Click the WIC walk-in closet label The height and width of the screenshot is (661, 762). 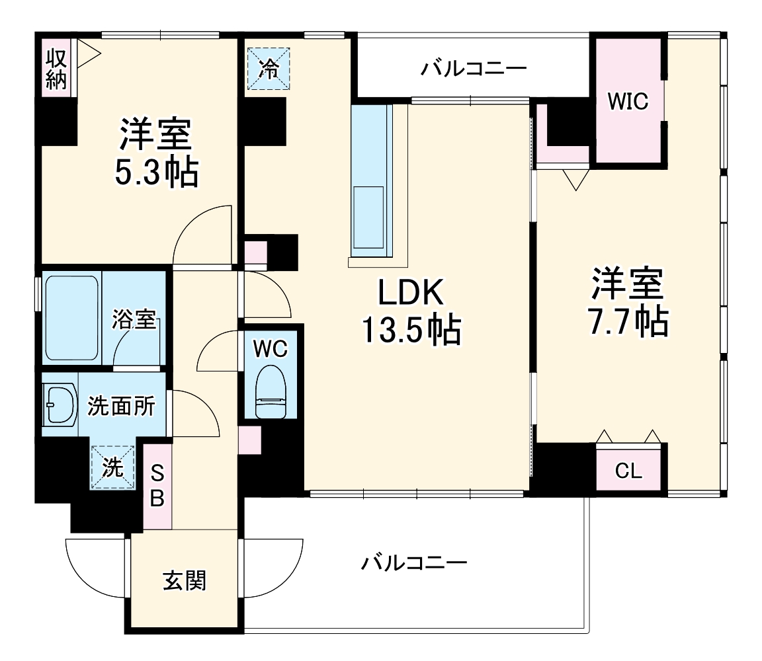(x=628, y=102)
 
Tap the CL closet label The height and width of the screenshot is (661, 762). (x=628, y=471)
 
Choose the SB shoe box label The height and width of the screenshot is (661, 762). (x=157, y=486)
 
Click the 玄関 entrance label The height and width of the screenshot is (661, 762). (x=185, y=580)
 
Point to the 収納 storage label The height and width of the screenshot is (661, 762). (x=56, y=69)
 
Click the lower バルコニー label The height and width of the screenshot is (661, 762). (x=414, y=563)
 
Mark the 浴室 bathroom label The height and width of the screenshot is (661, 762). (x=134, y=320)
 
